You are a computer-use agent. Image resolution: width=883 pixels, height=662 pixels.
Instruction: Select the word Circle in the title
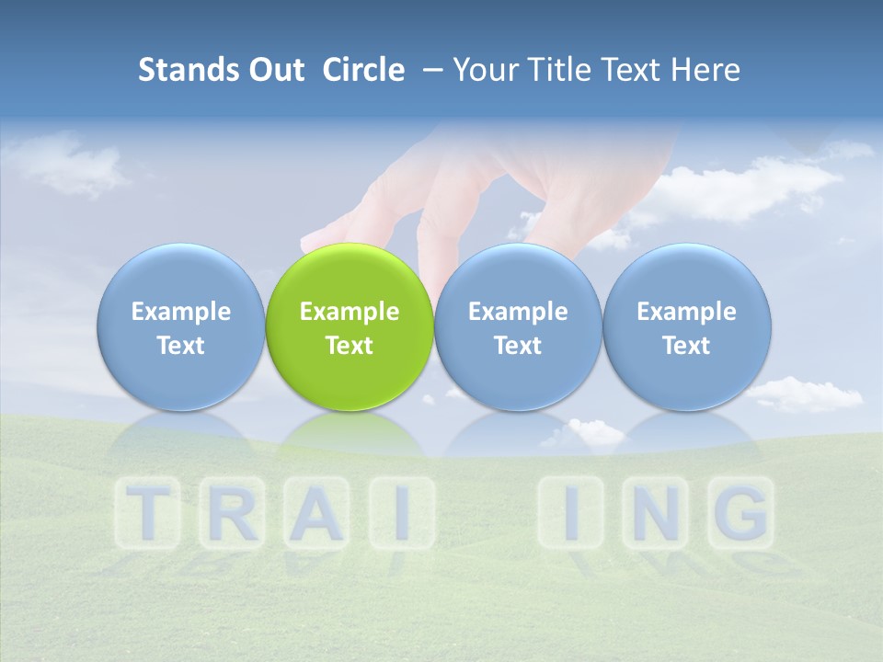tap(363, 70)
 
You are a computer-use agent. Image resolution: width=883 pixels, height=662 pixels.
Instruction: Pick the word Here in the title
tap(705, 70)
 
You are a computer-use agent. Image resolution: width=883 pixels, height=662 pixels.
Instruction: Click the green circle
tap(350, 327)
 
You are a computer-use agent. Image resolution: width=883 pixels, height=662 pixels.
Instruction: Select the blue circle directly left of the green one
tap(180, 327)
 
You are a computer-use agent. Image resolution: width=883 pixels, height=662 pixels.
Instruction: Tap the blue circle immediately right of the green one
tap(518, 327)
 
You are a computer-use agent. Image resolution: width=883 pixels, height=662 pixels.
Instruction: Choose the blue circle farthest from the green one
tap(687, 327)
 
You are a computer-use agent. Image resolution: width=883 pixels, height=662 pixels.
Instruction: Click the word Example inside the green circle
tap(350, 312)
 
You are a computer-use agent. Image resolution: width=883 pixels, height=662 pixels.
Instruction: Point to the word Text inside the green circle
tap(350, 346)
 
